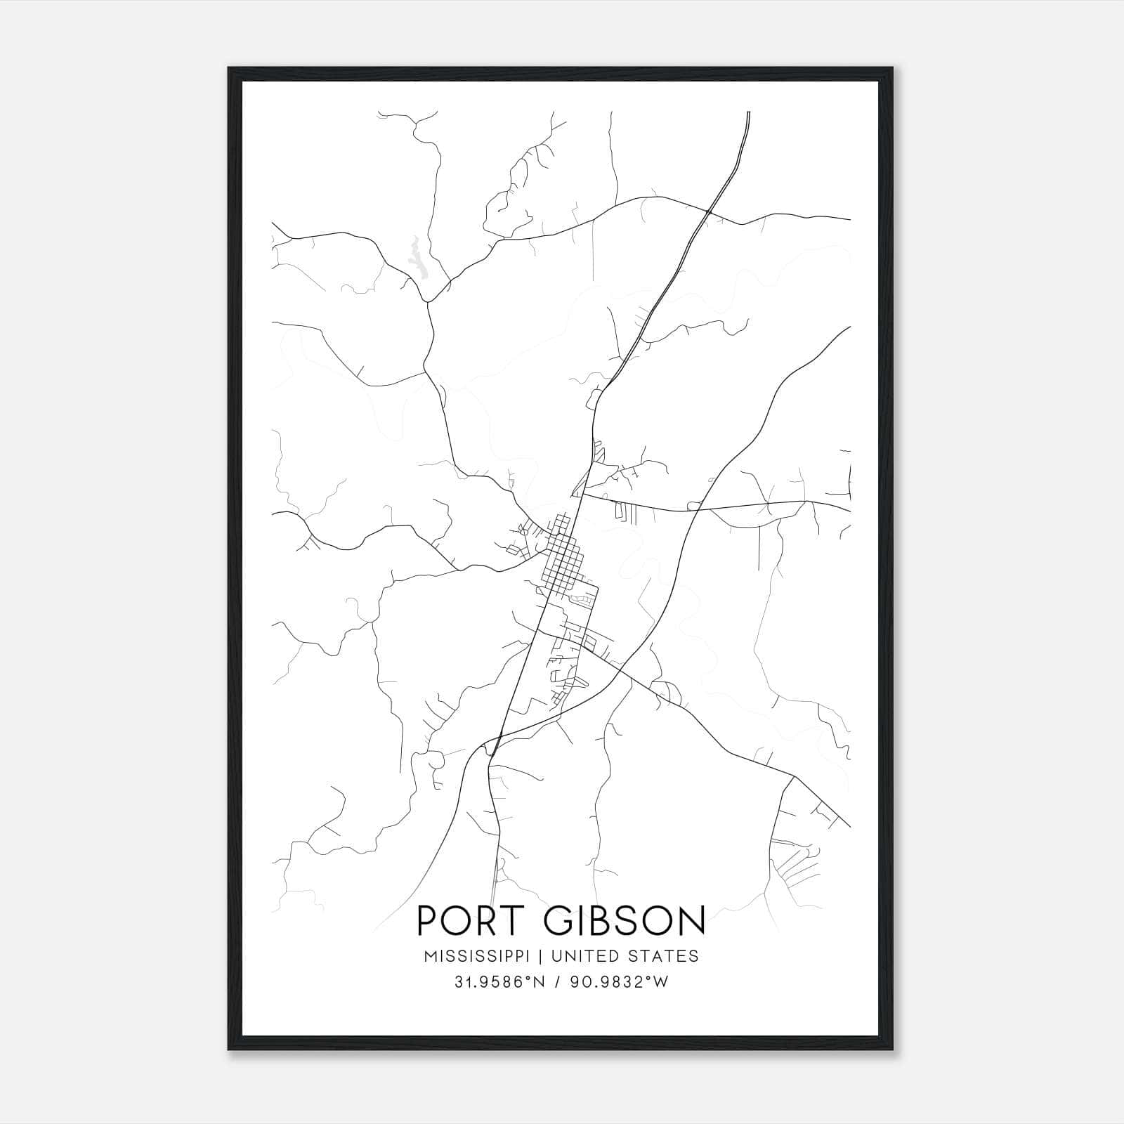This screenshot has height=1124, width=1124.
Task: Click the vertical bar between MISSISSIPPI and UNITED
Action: click(542, 956)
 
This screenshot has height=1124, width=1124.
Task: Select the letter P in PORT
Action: click(429, 920)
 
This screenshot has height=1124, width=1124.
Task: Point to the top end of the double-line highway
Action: click(749, 114)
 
